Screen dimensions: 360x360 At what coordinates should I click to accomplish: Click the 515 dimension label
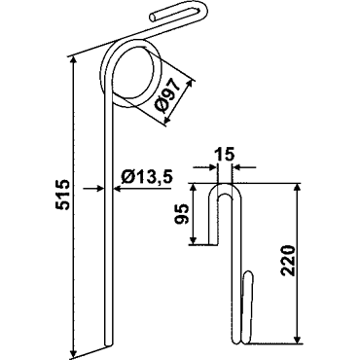(x=62, y=195)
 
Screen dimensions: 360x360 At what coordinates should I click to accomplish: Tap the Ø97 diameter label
(x=167, y=96)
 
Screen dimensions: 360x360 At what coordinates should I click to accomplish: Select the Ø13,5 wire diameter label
(x=146, y=177)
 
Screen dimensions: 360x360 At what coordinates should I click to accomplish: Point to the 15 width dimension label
(x=224, y=155)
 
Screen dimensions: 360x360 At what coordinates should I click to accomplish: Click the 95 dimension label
(x=182, y=214)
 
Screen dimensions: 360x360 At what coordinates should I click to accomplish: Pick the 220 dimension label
(x=288, y=261)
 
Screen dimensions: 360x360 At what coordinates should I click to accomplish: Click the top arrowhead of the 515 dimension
(x=74, y=60)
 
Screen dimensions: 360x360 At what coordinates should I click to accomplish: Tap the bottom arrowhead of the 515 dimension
(x=74, y=352)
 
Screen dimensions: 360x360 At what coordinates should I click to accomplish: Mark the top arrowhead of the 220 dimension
(x=296, y=189)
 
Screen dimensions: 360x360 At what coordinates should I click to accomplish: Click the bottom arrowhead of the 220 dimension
(x=296, y=338)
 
